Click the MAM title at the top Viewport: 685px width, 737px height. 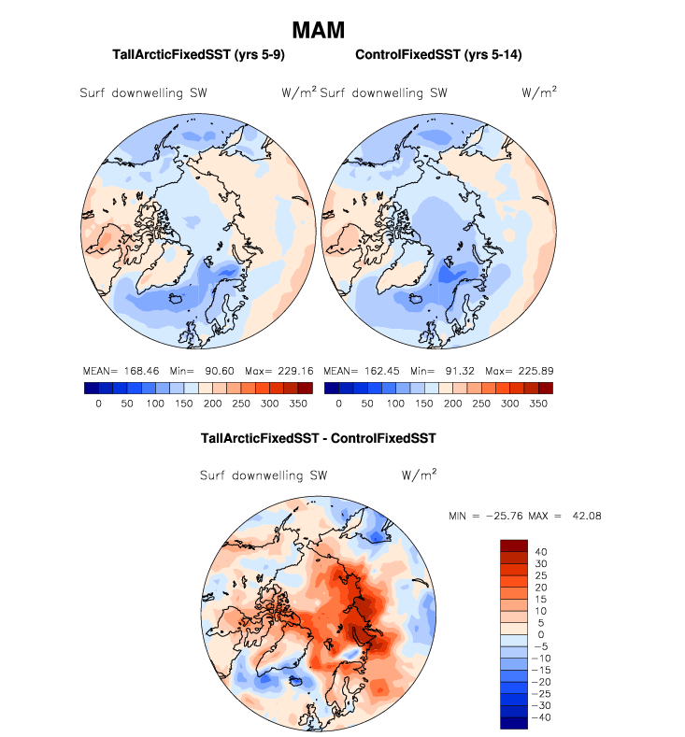point(319,30)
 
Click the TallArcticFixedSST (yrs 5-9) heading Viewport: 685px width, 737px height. point(198,56)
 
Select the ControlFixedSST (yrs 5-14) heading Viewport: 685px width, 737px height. point(438,56)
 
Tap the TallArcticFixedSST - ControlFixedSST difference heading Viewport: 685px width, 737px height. point(319,437)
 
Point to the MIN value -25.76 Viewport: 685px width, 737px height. point(500,516)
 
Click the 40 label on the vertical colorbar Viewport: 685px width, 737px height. point(541,552)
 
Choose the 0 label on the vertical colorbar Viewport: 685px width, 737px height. point(541,635)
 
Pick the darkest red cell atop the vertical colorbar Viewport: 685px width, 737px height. point(515,546)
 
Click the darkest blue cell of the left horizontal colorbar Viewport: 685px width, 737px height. point(92,388)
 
